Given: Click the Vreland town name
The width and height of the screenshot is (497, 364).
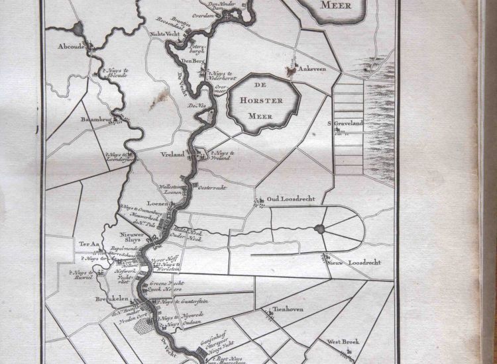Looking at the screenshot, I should (172, 155).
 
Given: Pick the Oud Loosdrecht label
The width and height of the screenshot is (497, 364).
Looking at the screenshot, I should (290, 199).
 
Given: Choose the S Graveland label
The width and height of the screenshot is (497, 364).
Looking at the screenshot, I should (347, 123).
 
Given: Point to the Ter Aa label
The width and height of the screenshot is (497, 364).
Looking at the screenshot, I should (89, 244).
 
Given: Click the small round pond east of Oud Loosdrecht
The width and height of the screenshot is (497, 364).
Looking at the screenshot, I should (320, 229).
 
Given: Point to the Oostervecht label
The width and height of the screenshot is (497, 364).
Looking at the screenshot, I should (213, 188).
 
